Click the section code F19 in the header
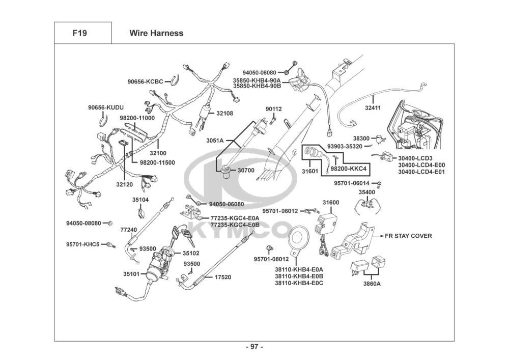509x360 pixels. pos(79,34)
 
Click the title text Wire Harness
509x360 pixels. pos(156,34)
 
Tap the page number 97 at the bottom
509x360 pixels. pos(254,347)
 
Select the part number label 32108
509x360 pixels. pos(224,113)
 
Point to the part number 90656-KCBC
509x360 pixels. pos(145,81)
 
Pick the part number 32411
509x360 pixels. pos(373,108)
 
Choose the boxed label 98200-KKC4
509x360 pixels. pos(349,168)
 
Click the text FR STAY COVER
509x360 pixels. pos(408,236)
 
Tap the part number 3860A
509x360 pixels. pos(372,284)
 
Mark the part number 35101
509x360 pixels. pos(131,274)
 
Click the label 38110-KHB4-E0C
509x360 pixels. pos(299,283)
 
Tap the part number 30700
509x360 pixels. pos(245,170)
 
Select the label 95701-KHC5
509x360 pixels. pos(82,244)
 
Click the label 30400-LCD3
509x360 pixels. pos(415,158)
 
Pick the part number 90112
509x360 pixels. pos(273,109)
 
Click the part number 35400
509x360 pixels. pos(366,192)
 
